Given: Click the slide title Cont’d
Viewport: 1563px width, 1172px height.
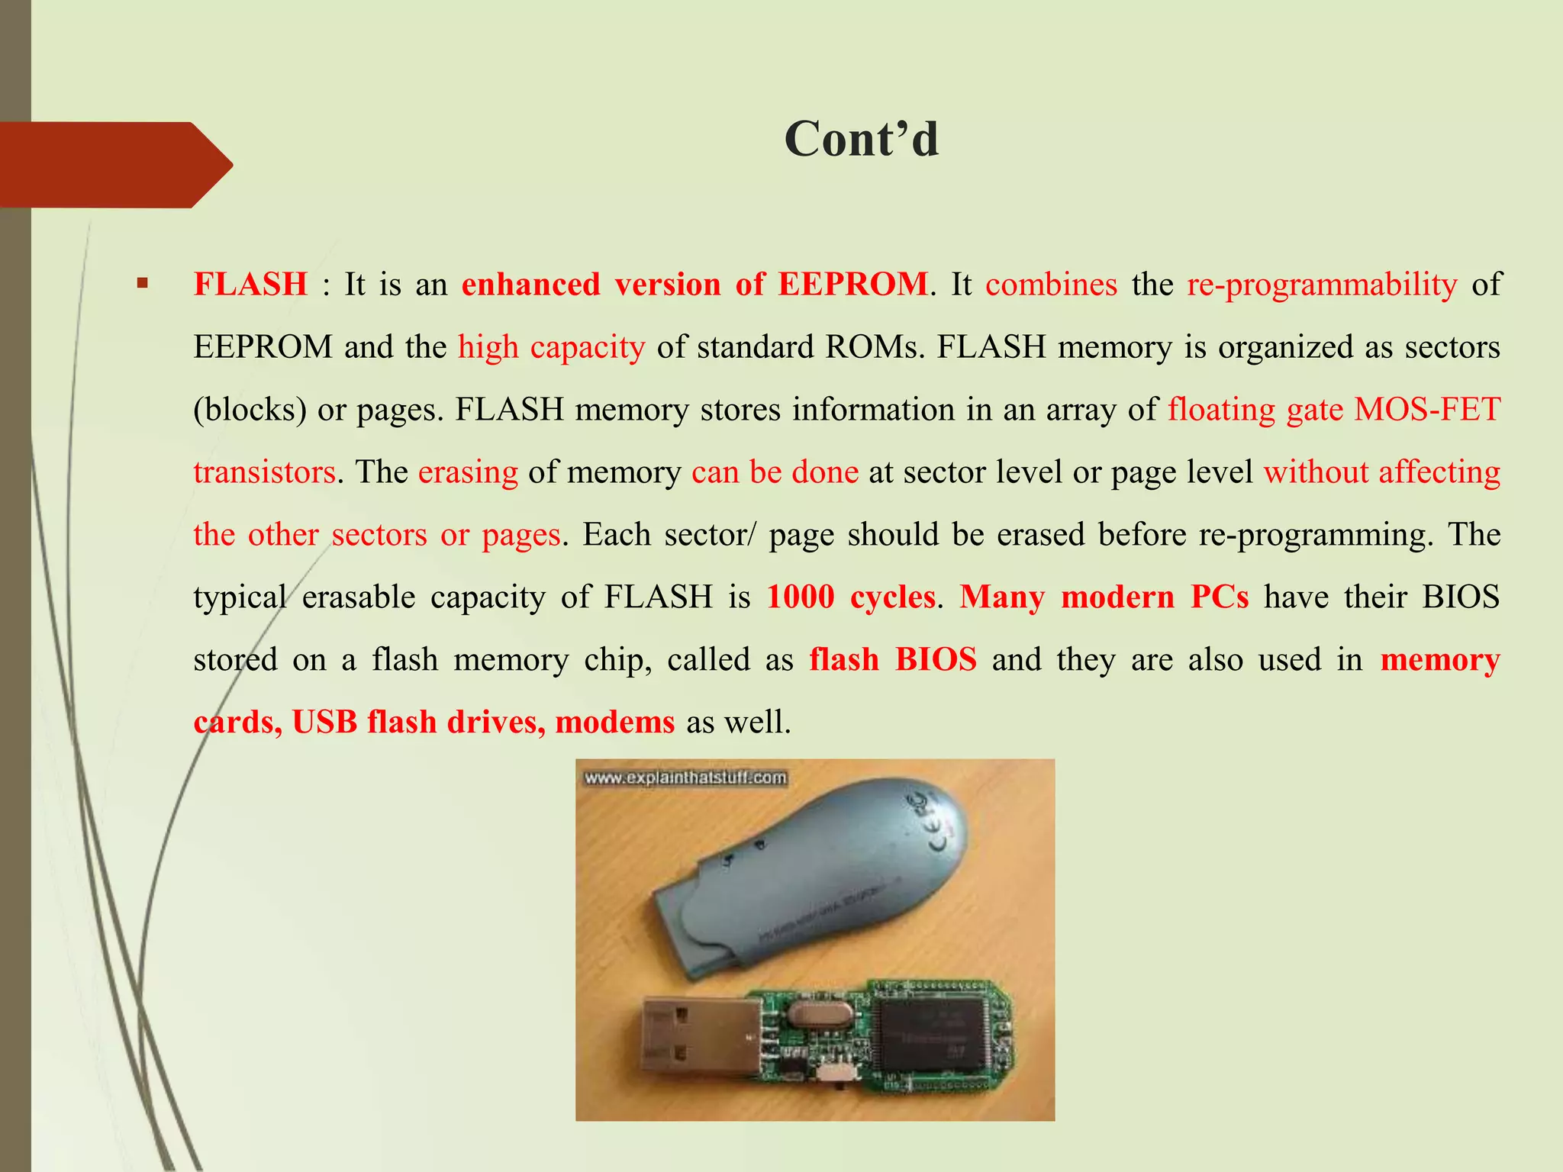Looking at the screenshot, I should pyautogui.click(x=861, y=140).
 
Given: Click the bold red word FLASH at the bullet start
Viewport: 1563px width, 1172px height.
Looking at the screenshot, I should pyautogui.click(x=250, y=285).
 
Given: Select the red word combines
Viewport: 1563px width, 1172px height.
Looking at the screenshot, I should pyautogui.click(x=1051, y=285).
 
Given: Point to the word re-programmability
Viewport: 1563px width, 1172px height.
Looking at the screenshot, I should pyautogui.click(x=1322, y=285).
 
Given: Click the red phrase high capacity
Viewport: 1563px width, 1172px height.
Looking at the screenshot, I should pyautogui.click(x=551, y=347).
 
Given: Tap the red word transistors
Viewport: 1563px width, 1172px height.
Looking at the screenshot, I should pyautogui.click(x=264, y=472).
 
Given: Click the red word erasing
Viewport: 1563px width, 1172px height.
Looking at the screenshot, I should pyautogui.click(x=468, y=472).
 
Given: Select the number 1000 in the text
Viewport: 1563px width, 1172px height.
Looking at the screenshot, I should pyautogui.click(x=800, y=597).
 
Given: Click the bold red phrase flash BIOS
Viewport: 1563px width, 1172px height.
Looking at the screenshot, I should pyautogui.click(x=893, y=659).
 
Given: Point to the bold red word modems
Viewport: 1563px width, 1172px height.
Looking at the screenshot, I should pyautogui.click(x=614, y=722).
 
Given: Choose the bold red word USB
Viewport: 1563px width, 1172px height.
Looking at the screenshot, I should pyautogui.click(x=324, y=722).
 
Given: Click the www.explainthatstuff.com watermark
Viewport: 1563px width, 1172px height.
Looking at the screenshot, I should pyautogui.click(x=685, y=778).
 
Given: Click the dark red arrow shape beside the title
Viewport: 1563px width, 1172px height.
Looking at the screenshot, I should pyautogui.click(x=114, y=165).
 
